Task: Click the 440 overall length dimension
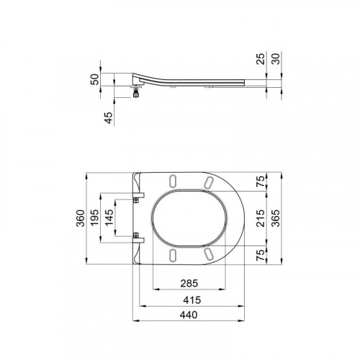(x=189, y=315)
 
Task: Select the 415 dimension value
(x=192, y=300)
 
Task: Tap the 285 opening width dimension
(x=189, y=284)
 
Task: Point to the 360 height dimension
(x=81, y=218)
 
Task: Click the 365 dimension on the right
(x=276, y=218)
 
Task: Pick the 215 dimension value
(x=261, y=218)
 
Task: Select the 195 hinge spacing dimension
(x=94, y=217)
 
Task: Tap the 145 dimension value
(x=109, y=217)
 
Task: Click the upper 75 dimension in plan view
(x=261, y=181)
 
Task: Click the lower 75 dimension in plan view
(x=261, y=255)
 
